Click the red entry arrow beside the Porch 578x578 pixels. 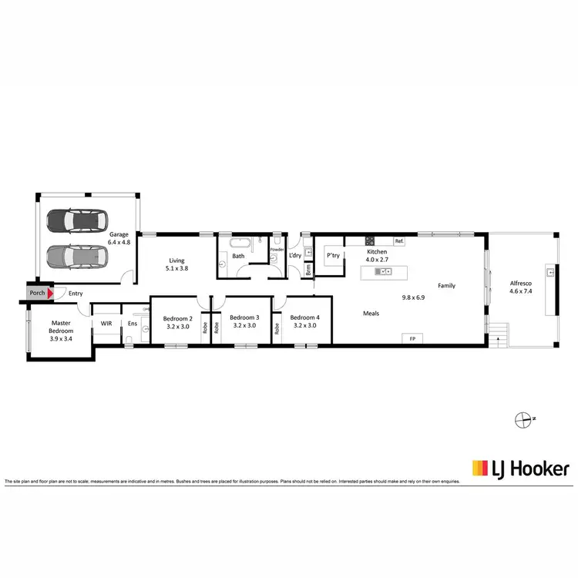(x=51, y=293)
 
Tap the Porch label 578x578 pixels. (x=37, y=293)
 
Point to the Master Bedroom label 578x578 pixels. (x=61, y=328)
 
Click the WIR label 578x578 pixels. (x=106, y=324)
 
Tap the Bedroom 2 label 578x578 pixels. (x=177, y=318)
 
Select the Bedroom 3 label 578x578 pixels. (x=244, y=318)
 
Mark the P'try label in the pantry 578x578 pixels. (x=334, y=255)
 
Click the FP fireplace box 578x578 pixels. (x=412, y=338)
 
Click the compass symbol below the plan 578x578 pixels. (x=525, y=420)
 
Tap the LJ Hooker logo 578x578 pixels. (x=520, y=467)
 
